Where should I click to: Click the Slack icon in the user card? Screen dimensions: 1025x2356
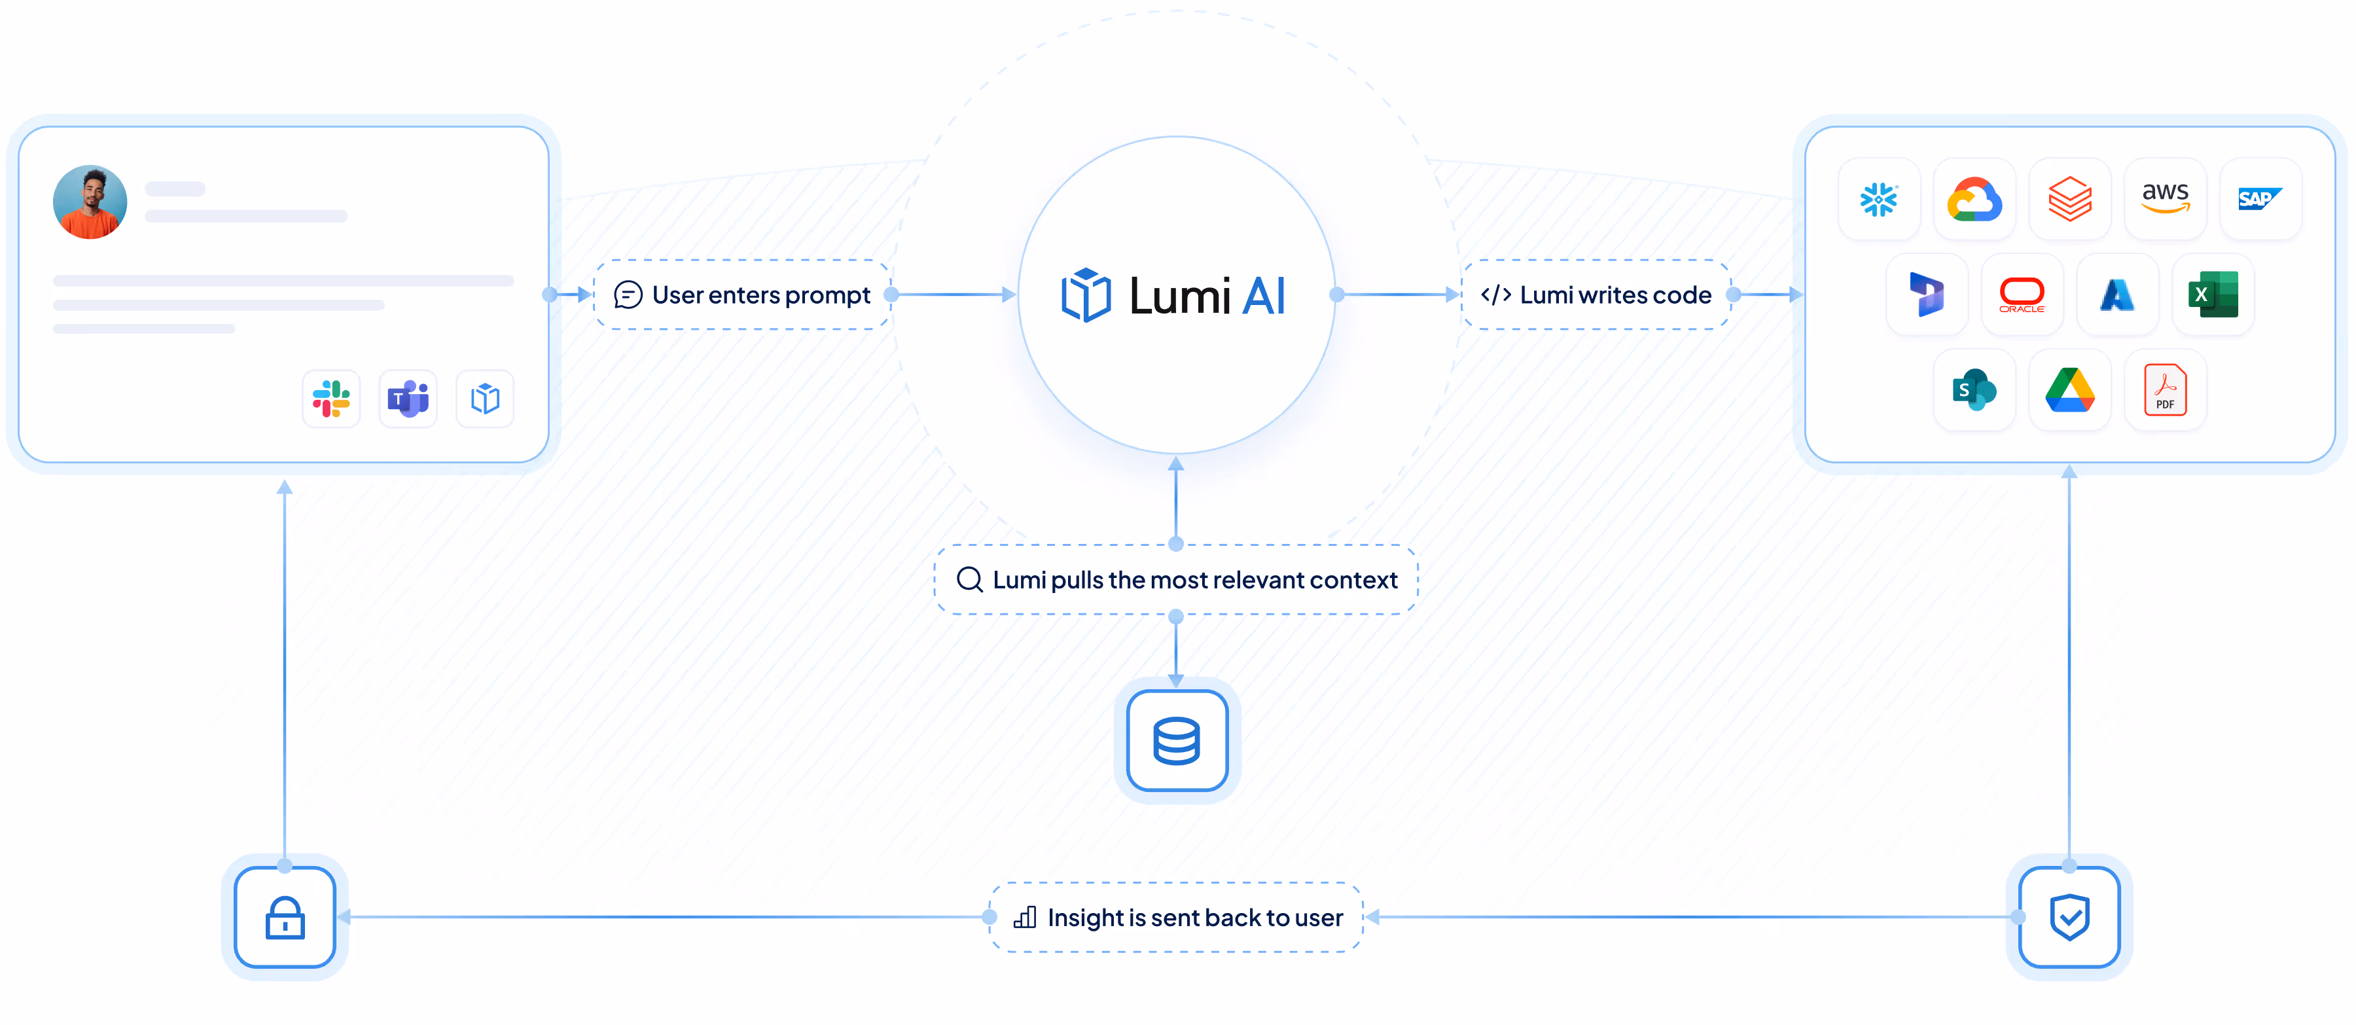(331, 399)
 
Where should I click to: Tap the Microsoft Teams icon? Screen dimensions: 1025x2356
(408, 399)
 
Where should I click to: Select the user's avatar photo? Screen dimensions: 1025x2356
(90, 202)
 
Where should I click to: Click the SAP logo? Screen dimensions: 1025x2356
(2259, 198)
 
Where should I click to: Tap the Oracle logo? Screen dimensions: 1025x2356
(2022, 295)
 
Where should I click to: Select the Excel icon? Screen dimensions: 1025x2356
(2213, 295)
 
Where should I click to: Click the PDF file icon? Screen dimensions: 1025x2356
(2165, 391)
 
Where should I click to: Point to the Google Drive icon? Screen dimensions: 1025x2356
(2070, 391)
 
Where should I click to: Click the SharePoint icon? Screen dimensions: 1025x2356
(1974, 391)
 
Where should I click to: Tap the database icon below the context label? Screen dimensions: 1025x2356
(1176, 741)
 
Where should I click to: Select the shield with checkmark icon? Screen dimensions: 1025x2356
(2069, 917)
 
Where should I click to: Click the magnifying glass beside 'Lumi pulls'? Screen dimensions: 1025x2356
(969, 580)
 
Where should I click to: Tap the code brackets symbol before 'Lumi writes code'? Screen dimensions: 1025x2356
(1495, 295)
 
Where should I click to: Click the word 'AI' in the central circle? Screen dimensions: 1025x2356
(1264, 297)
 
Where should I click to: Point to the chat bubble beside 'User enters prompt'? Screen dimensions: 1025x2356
(628, 295)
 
